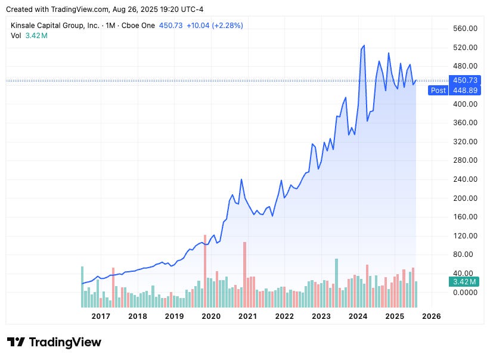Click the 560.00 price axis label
pos(466,28)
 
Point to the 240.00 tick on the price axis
pos(466,179)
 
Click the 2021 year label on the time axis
pos(247,316)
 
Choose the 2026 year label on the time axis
pos(431,316)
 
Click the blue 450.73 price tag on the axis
pos(466,80)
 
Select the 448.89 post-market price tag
pos(466,91)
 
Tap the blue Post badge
pos(438,91)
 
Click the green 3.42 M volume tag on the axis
pos(464,281)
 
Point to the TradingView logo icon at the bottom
pos(16,342)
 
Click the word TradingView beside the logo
pos(65,342)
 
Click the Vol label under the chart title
pos(16,35)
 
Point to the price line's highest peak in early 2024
pos(364,46)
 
